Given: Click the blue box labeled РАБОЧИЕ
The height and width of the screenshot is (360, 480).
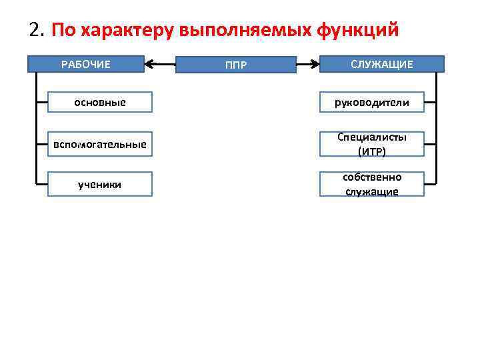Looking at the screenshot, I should point(86,64).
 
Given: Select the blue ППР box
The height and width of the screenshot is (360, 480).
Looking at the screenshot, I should point(235,65).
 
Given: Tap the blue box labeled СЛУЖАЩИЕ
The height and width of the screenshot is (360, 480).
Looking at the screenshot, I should point(381,64).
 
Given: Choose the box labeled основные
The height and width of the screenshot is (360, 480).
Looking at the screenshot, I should point(99,103).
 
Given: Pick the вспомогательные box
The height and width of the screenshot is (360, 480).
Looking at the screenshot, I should point(99,144).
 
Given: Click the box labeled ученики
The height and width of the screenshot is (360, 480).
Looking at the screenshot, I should point(99,184).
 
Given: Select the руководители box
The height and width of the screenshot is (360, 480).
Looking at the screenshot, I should point(372,103).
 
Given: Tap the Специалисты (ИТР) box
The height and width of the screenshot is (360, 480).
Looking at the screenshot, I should point(372,144).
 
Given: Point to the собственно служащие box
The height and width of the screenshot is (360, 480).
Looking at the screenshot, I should point(372,184).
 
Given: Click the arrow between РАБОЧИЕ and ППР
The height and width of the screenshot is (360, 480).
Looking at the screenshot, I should point(159,65).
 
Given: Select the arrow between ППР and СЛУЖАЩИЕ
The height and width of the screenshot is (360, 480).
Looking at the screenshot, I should point(307,65).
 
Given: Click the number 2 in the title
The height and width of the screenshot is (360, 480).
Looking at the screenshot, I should point(35,31).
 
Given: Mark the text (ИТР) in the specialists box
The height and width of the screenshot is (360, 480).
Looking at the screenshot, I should point(372,151).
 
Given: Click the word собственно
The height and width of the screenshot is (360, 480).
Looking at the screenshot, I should point(372,177).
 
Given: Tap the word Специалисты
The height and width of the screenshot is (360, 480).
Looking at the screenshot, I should point(372,137).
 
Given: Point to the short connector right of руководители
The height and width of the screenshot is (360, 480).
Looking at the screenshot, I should point(430,103).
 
